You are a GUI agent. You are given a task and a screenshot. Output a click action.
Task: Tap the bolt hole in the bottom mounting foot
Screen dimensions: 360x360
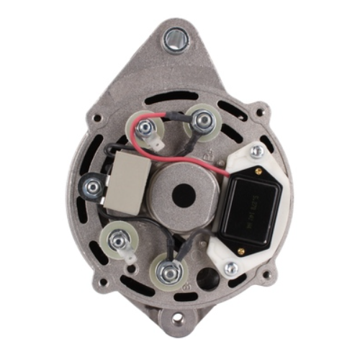click(x=177, y=318)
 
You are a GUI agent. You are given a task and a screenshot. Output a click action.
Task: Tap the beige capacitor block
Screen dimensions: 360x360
click(x=128, y=183)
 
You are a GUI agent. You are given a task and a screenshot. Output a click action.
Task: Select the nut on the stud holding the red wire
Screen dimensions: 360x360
click(x=145, y=129)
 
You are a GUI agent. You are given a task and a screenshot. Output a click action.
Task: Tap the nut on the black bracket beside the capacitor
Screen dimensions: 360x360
click(x=91, y=186)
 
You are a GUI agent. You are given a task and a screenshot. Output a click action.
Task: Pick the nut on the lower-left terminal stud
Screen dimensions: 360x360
click(x=118, y=241)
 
